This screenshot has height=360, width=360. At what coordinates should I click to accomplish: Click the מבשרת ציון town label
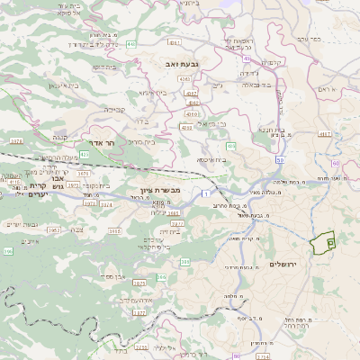tap(162, 190)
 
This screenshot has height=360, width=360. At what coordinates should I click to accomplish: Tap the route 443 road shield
tap(131, 42)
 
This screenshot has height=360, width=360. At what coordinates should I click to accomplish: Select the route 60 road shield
tap(335, 163)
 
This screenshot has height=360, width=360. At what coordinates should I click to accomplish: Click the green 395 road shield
tap(8, 252)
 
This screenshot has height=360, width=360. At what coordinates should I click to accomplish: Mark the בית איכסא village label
tap(211, 160)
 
